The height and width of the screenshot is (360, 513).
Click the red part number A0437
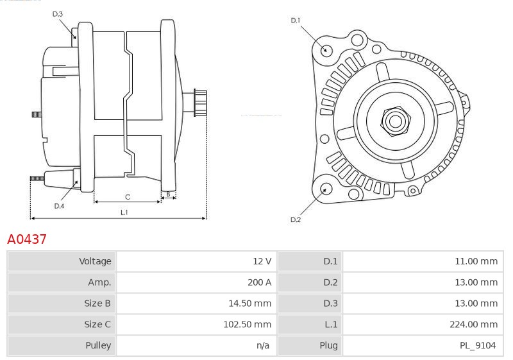point(27,239)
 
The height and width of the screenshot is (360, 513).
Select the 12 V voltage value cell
point(262,261)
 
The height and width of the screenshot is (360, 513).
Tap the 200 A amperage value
point(260,282)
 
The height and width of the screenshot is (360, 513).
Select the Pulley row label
point(98,346)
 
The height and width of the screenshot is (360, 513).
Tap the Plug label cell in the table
point(328,346)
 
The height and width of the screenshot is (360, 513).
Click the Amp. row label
point(99,282)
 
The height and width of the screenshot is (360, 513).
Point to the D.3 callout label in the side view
point(58,13)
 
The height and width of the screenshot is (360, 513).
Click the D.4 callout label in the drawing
point(59,205)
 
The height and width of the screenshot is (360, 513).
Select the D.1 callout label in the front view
point(296,21)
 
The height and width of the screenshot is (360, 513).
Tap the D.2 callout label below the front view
point(296,219)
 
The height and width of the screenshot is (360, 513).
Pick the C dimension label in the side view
point(128,196)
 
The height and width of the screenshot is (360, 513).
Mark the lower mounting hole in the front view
point(326,189)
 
